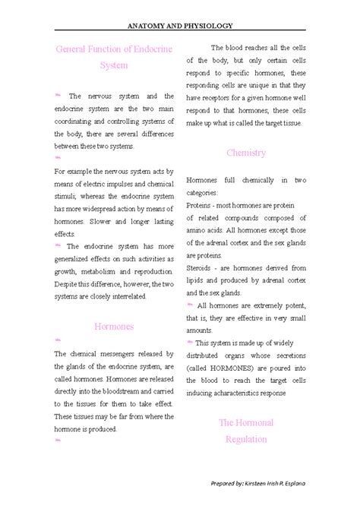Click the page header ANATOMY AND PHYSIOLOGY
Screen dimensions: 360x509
[180, 25]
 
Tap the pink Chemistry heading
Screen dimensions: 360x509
[246, 153]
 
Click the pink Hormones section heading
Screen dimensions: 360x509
[114, 326]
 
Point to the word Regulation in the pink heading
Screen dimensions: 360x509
[245, 439]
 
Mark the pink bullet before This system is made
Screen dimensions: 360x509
[190, 342]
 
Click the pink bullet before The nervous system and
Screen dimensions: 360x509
[58, 96]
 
